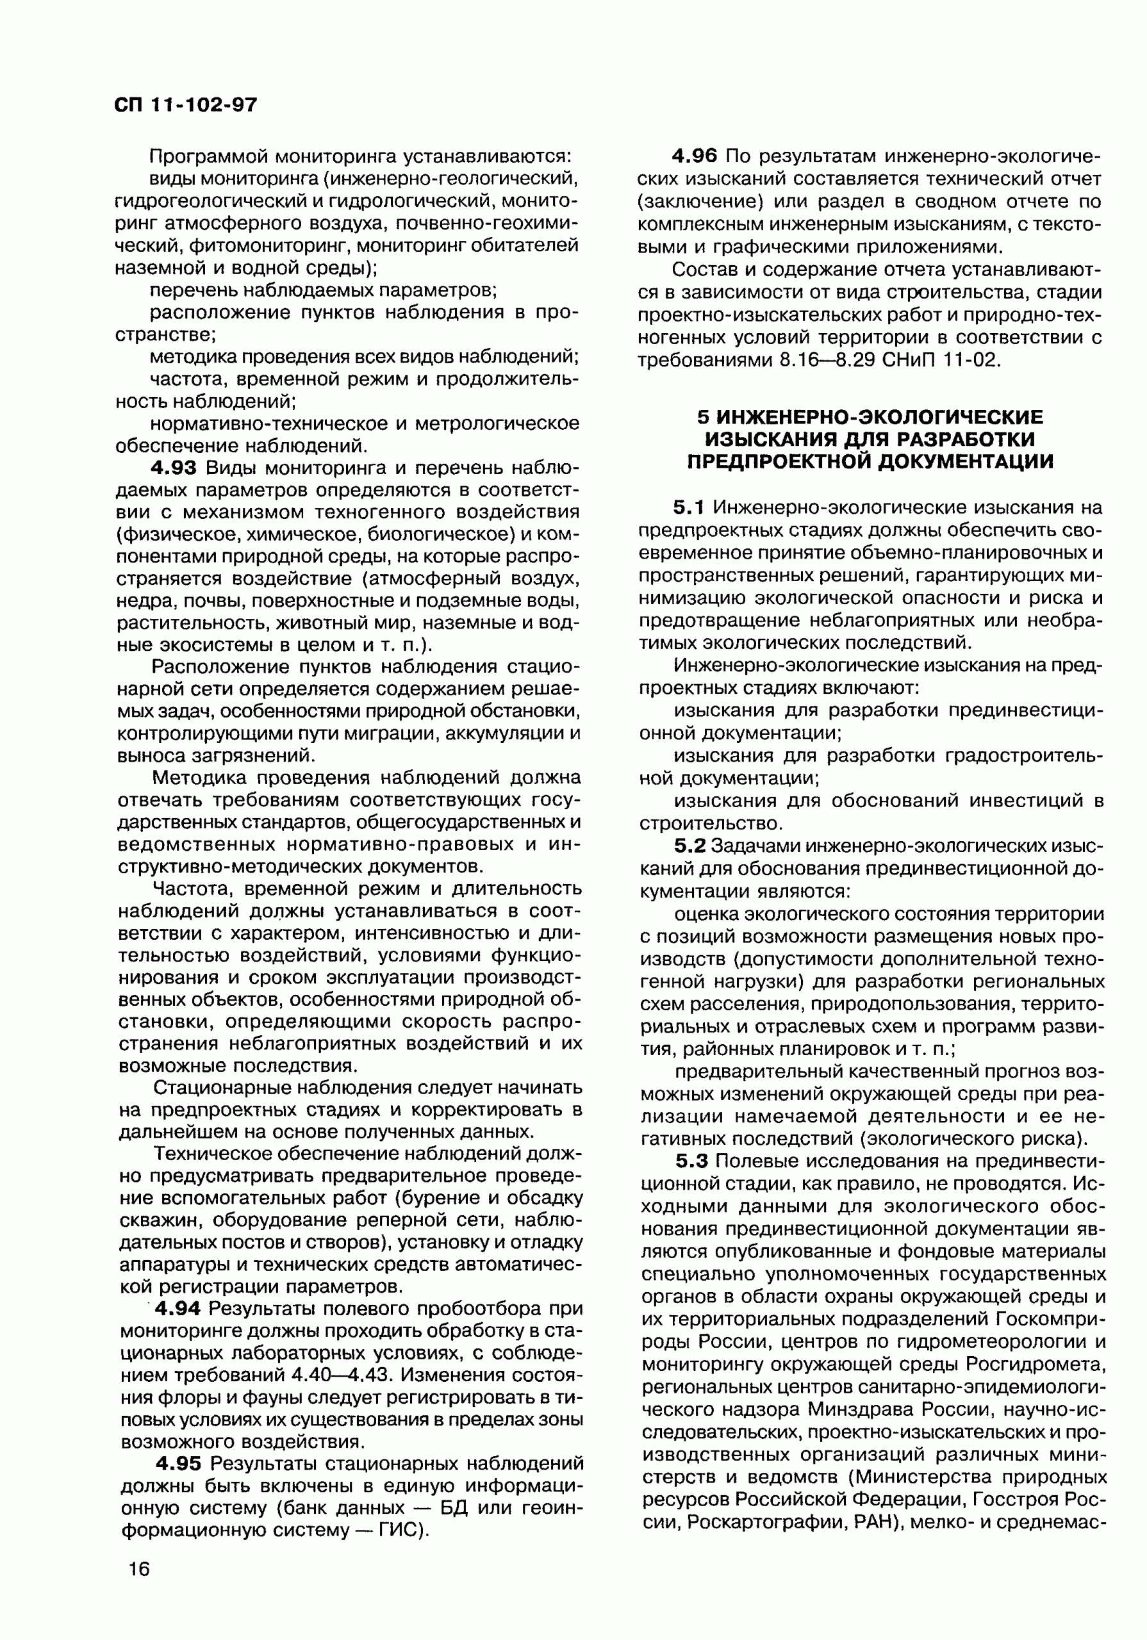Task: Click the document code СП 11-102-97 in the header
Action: (x=185, y=106)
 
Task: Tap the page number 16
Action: (x=139, y=1569)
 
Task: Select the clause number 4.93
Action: (x=173, y=468)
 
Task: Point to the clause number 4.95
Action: (x=179, y=1464)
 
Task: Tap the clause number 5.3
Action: (x=691, y=1161)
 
